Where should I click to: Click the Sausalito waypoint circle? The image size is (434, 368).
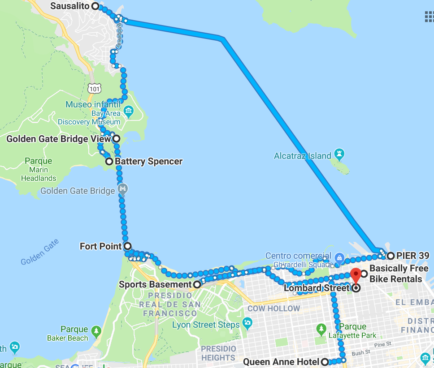click(x=95, y=6)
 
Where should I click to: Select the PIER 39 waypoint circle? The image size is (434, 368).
click(x=390, y=256)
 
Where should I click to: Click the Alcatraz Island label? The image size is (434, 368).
click(x=303, y=156)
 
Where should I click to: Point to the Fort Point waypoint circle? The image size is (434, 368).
click(x=127, y=246)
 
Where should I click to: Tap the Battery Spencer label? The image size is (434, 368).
click(x=148, y=161)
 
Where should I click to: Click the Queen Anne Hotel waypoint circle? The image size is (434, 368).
click(x=325, y=362)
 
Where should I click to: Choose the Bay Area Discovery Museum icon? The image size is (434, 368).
click(x=129, y=110)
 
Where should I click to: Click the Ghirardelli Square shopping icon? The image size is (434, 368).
click(x=339, y=258)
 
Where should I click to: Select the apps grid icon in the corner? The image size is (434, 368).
click(x=429, y=17)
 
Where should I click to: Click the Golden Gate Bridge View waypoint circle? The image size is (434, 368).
click(x=116, y=139)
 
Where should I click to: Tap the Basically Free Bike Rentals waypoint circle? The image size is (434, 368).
click(x=364, y=273)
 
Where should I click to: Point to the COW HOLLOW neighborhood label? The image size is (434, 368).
click(x=273, y=308)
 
